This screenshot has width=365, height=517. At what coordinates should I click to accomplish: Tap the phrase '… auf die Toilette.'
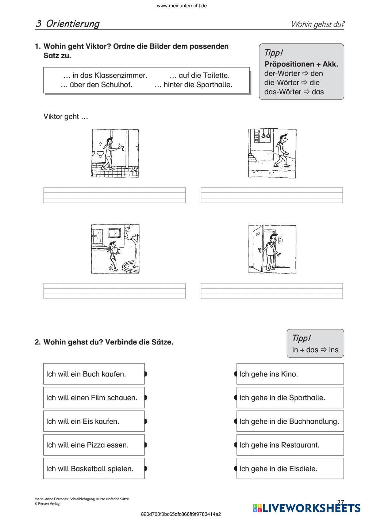click(x=200, y=75)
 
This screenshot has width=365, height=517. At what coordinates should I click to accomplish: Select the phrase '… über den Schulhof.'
click(x=96, y=85)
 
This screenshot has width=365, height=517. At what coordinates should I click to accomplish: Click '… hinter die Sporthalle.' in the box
click(x=193, y=85)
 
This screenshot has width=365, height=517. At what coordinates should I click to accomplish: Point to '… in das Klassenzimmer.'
click(x=105, y=75)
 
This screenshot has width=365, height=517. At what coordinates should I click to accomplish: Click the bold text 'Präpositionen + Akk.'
click(x=301, y=64)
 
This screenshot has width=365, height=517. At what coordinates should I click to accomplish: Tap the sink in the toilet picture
click(x=100, y=154)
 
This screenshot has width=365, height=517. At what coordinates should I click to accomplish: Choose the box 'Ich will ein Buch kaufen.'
click(x=94, y=374)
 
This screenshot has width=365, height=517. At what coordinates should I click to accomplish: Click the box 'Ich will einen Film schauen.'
click(x=94, y=397)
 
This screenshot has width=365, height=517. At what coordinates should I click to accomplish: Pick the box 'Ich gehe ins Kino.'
click(x=290, y=374)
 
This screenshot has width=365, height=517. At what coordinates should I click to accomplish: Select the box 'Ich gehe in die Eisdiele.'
click(x=290, y=468)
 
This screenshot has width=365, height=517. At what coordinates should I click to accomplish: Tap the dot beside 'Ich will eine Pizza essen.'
click(x=145, y=445)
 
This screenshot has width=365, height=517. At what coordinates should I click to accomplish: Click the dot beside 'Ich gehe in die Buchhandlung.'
click(x=236, y=421)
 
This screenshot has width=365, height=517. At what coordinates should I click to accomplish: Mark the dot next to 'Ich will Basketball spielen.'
click(x=145, y=468)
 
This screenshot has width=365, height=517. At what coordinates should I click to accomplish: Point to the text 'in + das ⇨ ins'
click(x=315, y=350)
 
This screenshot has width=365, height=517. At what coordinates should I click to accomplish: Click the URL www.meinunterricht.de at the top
click(x=182, y=6)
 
